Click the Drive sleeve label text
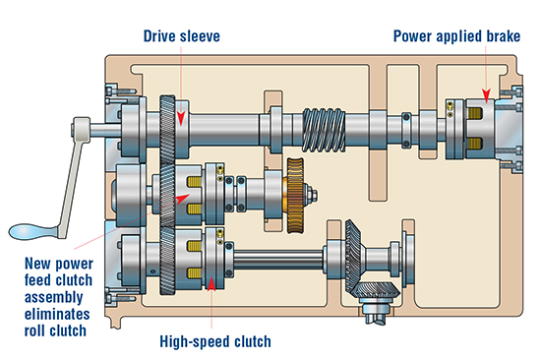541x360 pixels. pos(182,36)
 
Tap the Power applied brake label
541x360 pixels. pos(456,36)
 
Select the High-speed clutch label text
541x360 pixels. pos(215,341)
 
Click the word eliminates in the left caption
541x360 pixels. pos(57,314)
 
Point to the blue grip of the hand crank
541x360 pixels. pos(31,231)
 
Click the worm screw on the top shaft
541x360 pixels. pos(324,130)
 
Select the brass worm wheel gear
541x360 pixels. pos(295,196)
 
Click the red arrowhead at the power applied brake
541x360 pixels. pos(486,95)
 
